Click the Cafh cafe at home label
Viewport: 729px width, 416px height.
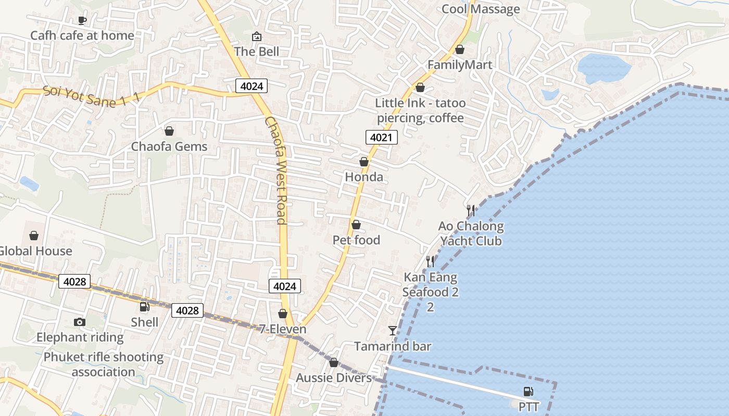tap(82, 35)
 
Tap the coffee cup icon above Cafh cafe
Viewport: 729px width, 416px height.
tap(82, 20)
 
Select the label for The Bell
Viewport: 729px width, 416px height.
tap(256, 51)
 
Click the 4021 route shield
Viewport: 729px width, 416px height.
tap(382, 137)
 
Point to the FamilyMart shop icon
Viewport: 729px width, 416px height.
tap(460, 49)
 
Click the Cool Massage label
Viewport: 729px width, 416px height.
tap(480, 9)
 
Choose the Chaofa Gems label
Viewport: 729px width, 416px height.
tap(169, 146)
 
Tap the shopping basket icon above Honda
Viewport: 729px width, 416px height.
tap(364, 162)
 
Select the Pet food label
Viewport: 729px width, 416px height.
tap(356, 240)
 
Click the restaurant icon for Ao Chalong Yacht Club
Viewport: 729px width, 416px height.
tap(471, 210)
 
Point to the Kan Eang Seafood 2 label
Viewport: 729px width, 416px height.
tap(430, 285)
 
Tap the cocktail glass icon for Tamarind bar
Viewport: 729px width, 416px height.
tap(393, 330)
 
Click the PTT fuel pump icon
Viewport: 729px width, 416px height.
tap(528, 391)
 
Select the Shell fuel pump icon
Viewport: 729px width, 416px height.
tap(145, 307)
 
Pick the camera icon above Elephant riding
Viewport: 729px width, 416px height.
tap(80, 322)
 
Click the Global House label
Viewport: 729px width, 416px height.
tap(35, 251)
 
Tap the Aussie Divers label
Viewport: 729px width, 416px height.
tap(334, 378)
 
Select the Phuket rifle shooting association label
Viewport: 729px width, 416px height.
tap(103, 365)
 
